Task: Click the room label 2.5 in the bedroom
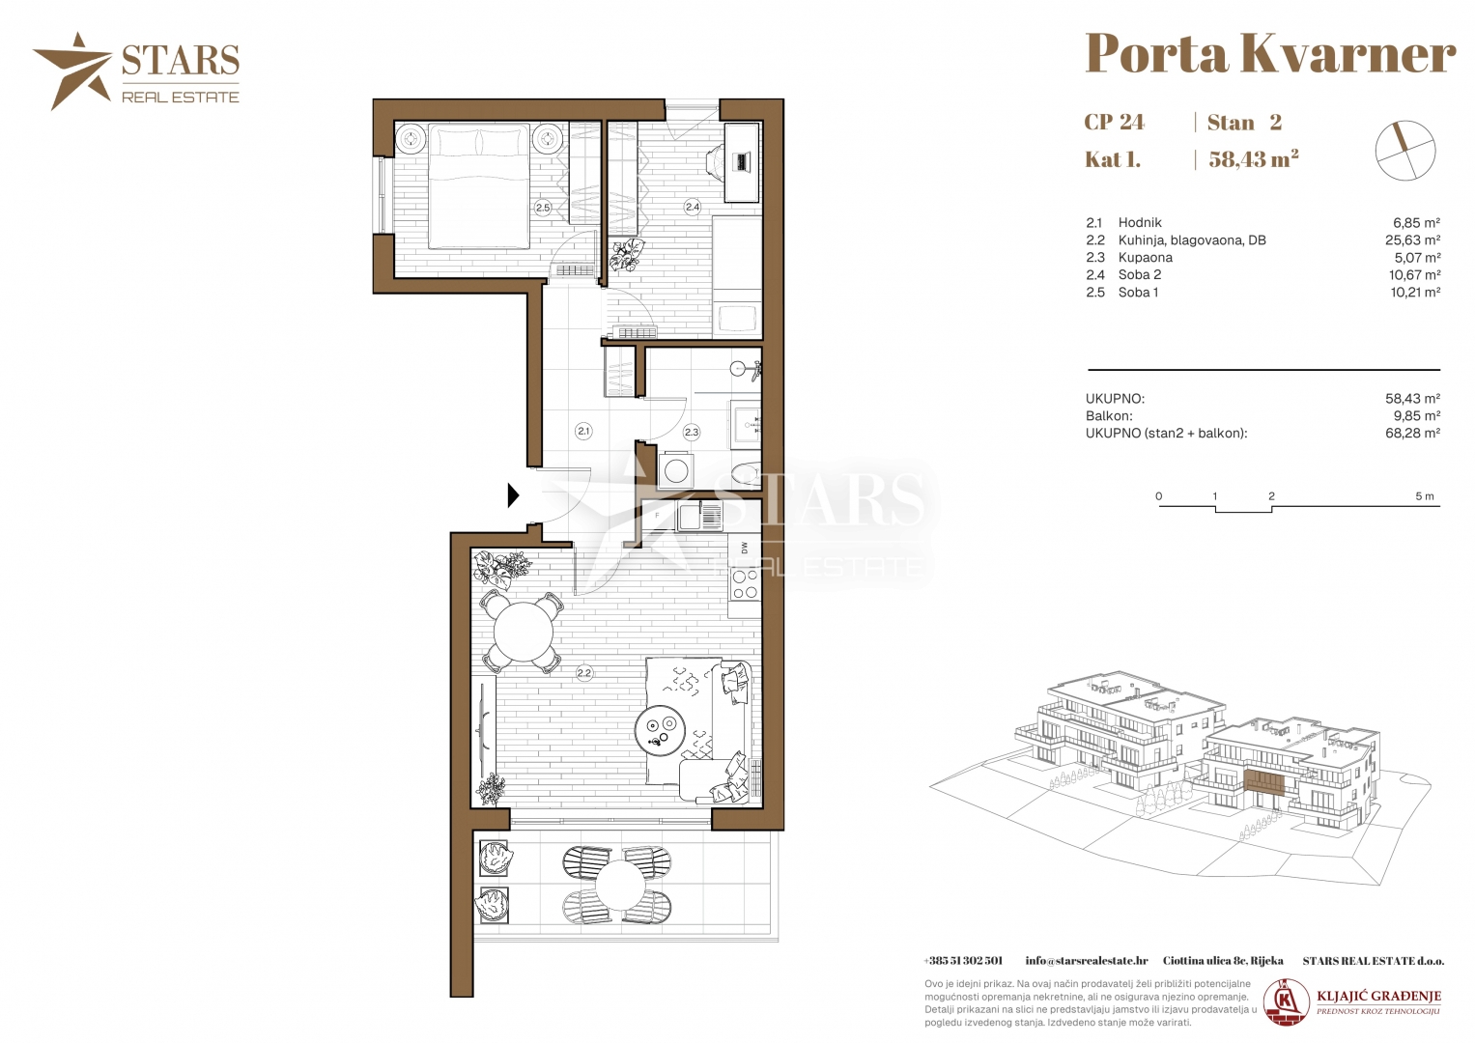(x=543, y=208)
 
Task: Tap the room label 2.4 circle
(x=692, y=207)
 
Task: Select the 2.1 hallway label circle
(x=583, y=432)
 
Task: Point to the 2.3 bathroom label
(x=692, y=432)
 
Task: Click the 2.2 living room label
(x=584, y=673)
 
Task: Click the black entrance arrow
(x=513, y=495)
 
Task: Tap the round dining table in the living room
(x=524, y=633)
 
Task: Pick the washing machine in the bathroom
(x=675, y=470)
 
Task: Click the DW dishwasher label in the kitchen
(x=745, y=548)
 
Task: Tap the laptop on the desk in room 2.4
(x=744, y=161)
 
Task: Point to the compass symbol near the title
(x=1405, y=151)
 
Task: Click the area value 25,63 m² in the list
(x=1412, y=240)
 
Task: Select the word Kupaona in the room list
(x=1145, y=258)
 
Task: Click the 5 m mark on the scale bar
(x=1425, y=496)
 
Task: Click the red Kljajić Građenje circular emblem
(x=1286, y=1002)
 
